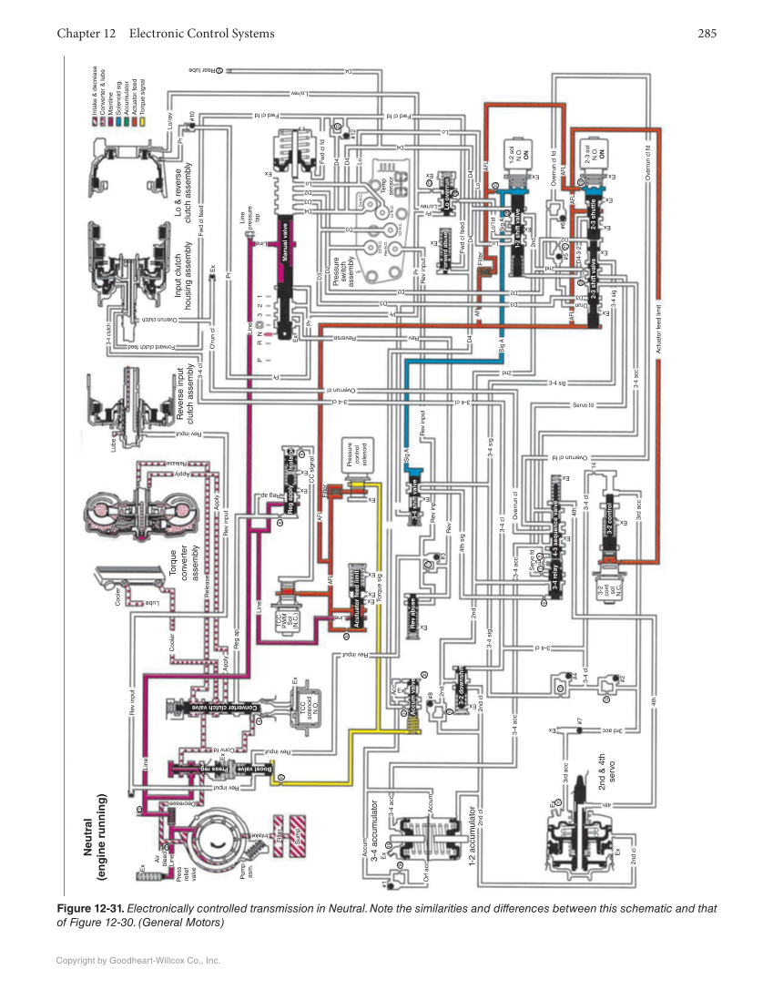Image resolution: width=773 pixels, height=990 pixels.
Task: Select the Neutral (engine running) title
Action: [96, 834]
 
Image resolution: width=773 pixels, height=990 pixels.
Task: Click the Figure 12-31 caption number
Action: [90, 908]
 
